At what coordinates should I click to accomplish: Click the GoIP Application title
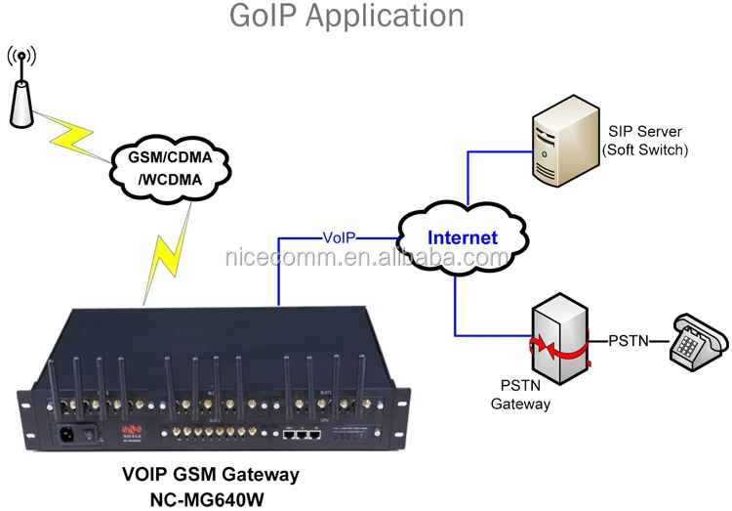tap(346, 16)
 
